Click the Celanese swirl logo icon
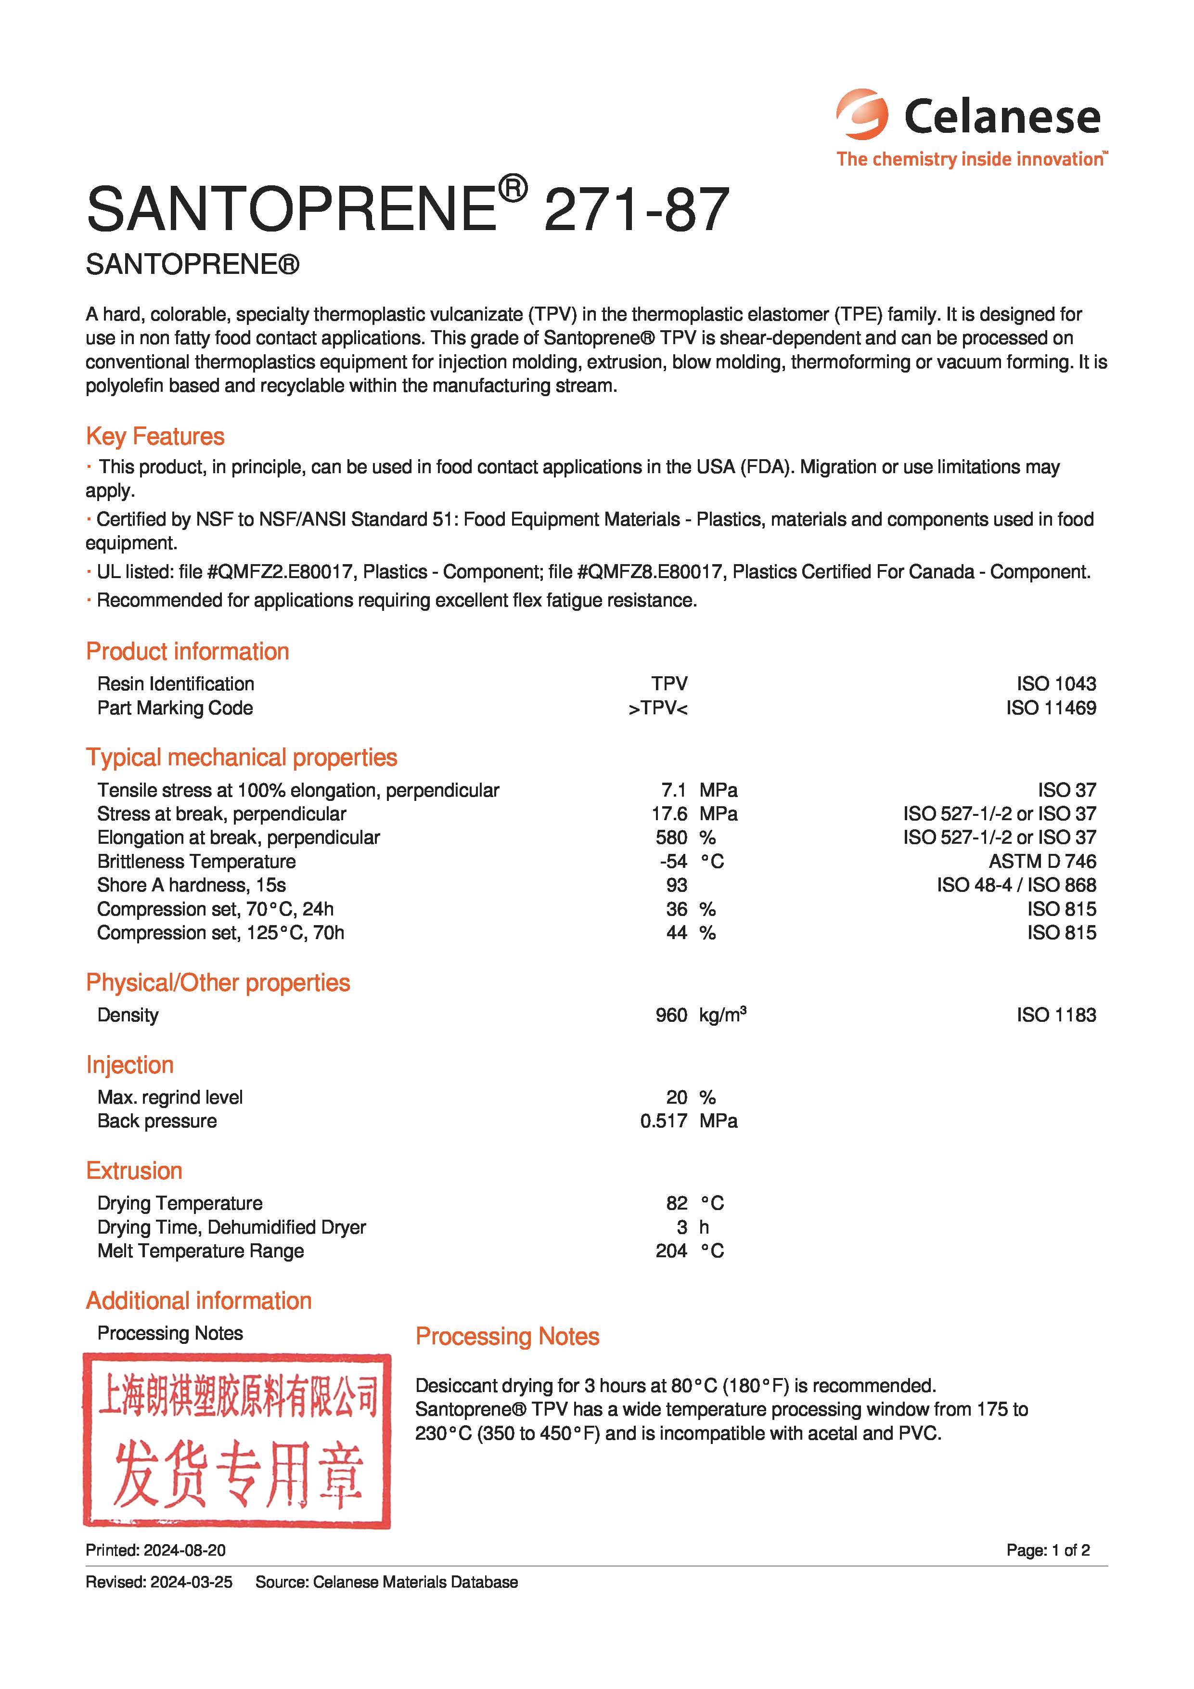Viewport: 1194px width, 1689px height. tap(861, 115)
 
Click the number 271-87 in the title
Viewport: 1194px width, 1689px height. tap(636, 210)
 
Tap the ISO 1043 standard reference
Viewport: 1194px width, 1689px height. tap(1056, 683)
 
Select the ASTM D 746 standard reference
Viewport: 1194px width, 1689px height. tap(1042, 862)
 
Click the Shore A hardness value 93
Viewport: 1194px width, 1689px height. tap(676, 885)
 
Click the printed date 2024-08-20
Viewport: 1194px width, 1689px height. tap(185, 1551)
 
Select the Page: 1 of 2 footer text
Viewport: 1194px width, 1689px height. tap(1048, 1551)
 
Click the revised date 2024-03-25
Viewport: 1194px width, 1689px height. tap(191, 1582)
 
